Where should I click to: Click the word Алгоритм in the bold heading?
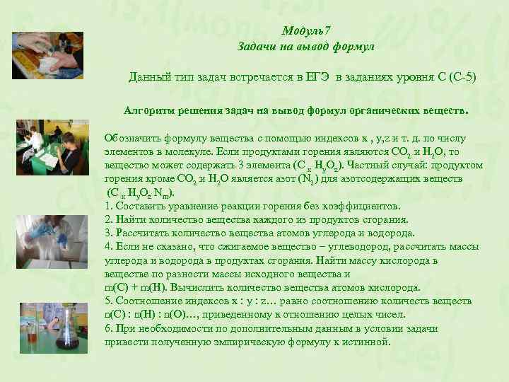(x=149, y=111)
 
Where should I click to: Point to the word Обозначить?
(x=131, y=139)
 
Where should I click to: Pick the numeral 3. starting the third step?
(x=108, y=233)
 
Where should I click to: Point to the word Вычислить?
(x=197, y=287)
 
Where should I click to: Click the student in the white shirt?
(x=71, y=152)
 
